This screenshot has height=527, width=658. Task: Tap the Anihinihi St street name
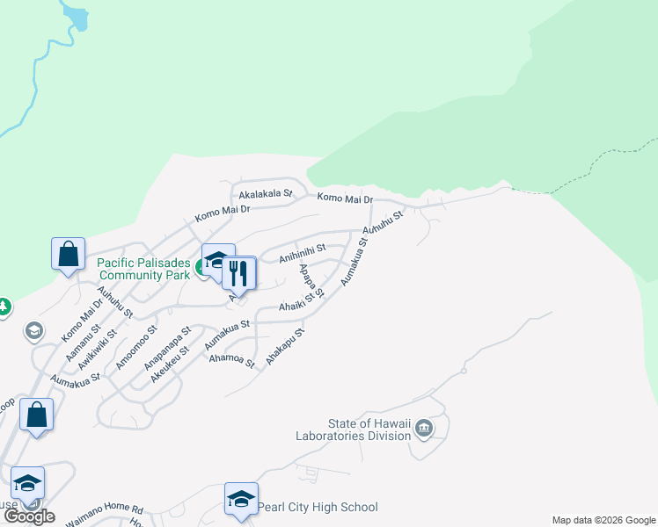pos(303,253)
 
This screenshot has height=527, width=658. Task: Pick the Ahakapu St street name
pos(285,347)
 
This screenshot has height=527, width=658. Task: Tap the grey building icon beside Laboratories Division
pos(424,429)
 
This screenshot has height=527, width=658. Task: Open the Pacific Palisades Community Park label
pos(143,268)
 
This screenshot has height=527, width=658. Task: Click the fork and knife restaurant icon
pos(237,273)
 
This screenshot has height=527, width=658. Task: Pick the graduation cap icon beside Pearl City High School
pos(241,500)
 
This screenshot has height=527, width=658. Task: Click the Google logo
pos(29,516)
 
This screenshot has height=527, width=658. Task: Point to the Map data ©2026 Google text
pos(603,520)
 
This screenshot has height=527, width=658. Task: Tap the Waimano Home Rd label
pos(104,509)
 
